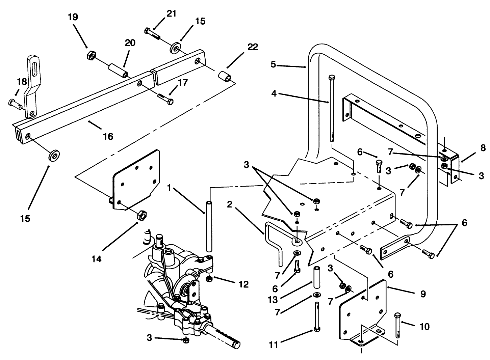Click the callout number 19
pyautogui.click(x=73, y=17)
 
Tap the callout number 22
pyautogui.click(x=252, y=47)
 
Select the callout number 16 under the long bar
pyautogui.click(x=108, y=136)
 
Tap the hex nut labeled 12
pyautogui.click(x=209, y=278)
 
